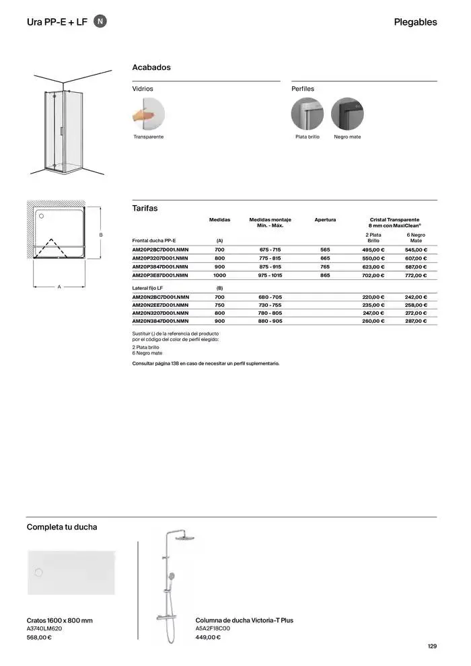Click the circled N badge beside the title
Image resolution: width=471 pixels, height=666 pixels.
click(100, 22)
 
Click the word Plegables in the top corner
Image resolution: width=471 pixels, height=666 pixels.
click(415, 22)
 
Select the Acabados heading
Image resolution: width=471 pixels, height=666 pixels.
click(151, 67)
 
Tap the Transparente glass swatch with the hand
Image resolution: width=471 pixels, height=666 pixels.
click(148, 114)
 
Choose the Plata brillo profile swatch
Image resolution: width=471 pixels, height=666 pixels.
click(307, 114)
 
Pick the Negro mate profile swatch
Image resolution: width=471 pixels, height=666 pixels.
click(347, 114)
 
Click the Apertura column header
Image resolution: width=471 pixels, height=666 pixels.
click(325, 220)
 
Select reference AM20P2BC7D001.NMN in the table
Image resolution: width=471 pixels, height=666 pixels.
click(160, 250)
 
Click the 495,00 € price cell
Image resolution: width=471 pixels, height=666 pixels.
click(373, 250)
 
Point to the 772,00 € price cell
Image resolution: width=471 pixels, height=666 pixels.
click(416, 275)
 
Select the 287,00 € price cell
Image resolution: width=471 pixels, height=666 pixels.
click(416, 322)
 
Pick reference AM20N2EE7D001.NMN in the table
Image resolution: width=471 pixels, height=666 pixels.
click(160, 305)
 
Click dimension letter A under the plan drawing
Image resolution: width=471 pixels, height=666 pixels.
click(59, 287)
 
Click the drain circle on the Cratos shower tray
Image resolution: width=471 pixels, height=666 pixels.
click(38, 572)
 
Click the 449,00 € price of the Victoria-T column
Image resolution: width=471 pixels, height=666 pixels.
click(208, 637)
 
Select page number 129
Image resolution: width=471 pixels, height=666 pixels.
click(432, 646)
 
